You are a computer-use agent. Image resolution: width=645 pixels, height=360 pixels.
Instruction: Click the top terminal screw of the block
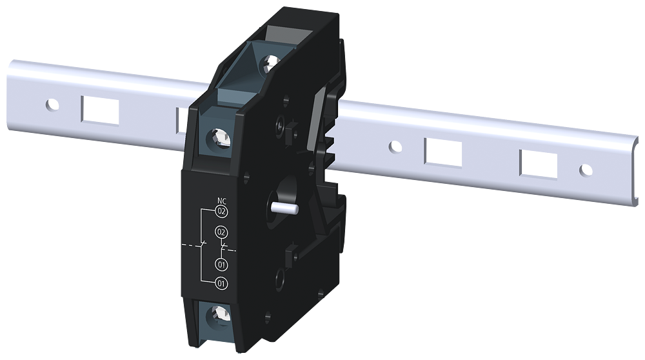[x=270, y=64]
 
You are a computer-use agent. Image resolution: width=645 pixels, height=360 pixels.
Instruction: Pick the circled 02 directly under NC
[x=221, y=211]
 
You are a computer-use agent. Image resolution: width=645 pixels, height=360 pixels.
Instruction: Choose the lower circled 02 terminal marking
[x=221, y=232]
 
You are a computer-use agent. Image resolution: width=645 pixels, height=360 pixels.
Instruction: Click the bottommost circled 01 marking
[x=221, y=283]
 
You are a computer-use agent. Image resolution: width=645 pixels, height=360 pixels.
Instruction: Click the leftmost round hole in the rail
[x=52, y=103]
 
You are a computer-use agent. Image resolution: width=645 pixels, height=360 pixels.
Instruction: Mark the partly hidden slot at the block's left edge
[x=183, y=119]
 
